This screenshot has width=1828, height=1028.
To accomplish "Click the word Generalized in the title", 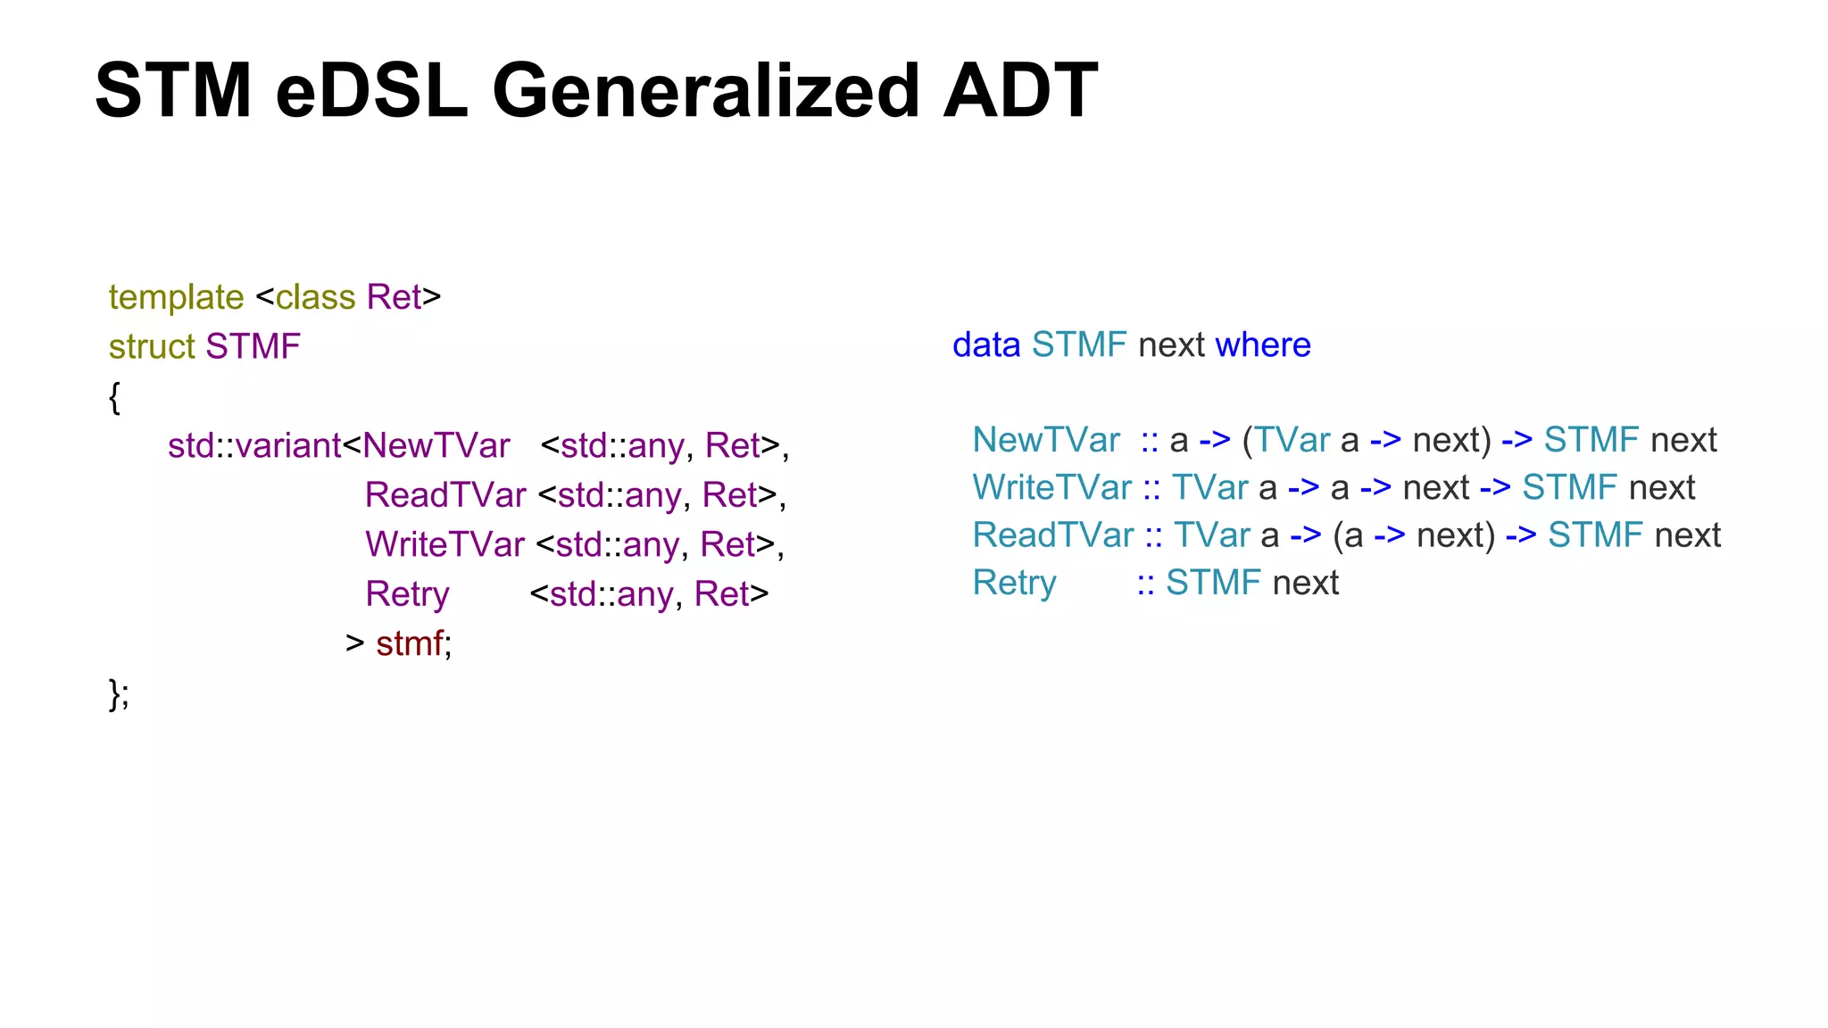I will [705, 90].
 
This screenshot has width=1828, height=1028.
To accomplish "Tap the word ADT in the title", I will [1020, 90].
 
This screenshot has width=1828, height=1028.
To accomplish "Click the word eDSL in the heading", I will [371, 90].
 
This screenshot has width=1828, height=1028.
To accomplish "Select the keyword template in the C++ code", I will [176, 297].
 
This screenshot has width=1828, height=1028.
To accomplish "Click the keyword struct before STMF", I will [151, 346].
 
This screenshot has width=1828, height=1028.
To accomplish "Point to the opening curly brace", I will [114, 396].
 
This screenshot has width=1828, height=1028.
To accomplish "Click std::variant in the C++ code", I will [254, 445].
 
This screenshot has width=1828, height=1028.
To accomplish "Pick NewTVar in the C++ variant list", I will [436, 445].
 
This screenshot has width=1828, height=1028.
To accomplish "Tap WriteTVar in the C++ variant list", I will [445, 544].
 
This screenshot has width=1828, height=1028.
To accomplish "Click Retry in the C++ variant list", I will [407, 594].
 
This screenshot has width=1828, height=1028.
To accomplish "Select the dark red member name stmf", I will [410, 643].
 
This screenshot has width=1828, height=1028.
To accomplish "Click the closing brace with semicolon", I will [119, 693].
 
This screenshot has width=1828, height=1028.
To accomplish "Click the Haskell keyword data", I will [986, 344].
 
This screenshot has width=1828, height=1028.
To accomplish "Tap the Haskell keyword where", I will [1263, 344].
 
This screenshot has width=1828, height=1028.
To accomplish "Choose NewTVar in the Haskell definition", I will [1046, 440].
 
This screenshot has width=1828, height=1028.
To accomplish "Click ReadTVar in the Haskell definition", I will [1053, 535].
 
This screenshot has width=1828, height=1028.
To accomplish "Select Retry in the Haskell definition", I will [1015, 583].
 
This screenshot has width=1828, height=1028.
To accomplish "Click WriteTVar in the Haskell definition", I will [1052, 487].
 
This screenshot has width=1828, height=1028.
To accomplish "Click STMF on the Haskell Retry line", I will [1213, 583].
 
